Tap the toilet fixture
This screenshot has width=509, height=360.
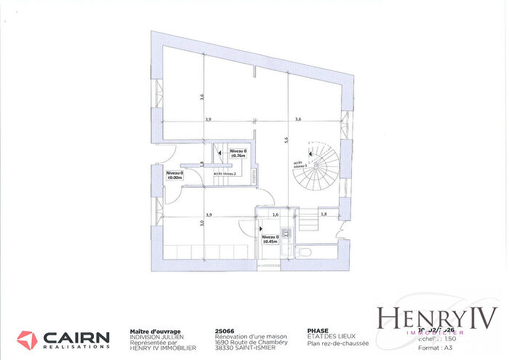click(305, 252)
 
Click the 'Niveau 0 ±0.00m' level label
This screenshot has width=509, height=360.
click(174, 174)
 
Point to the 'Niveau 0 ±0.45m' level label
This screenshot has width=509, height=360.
click(269, 239)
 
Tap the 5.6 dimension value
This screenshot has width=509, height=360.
click(286, 140)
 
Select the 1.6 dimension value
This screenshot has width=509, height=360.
click(275, 215)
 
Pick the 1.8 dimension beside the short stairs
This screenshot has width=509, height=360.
click(324, 215)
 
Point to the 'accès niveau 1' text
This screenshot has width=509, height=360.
click(299, 164)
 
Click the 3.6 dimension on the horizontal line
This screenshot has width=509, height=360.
click(297, 119)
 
